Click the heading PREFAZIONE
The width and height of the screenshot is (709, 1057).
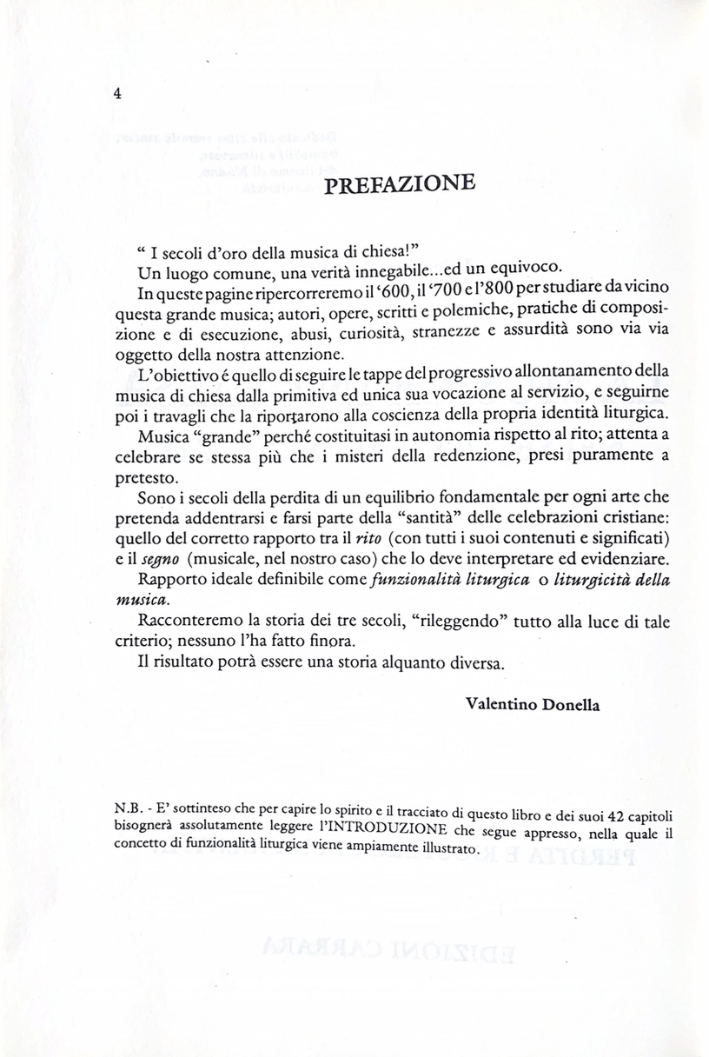click(399, 184)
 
